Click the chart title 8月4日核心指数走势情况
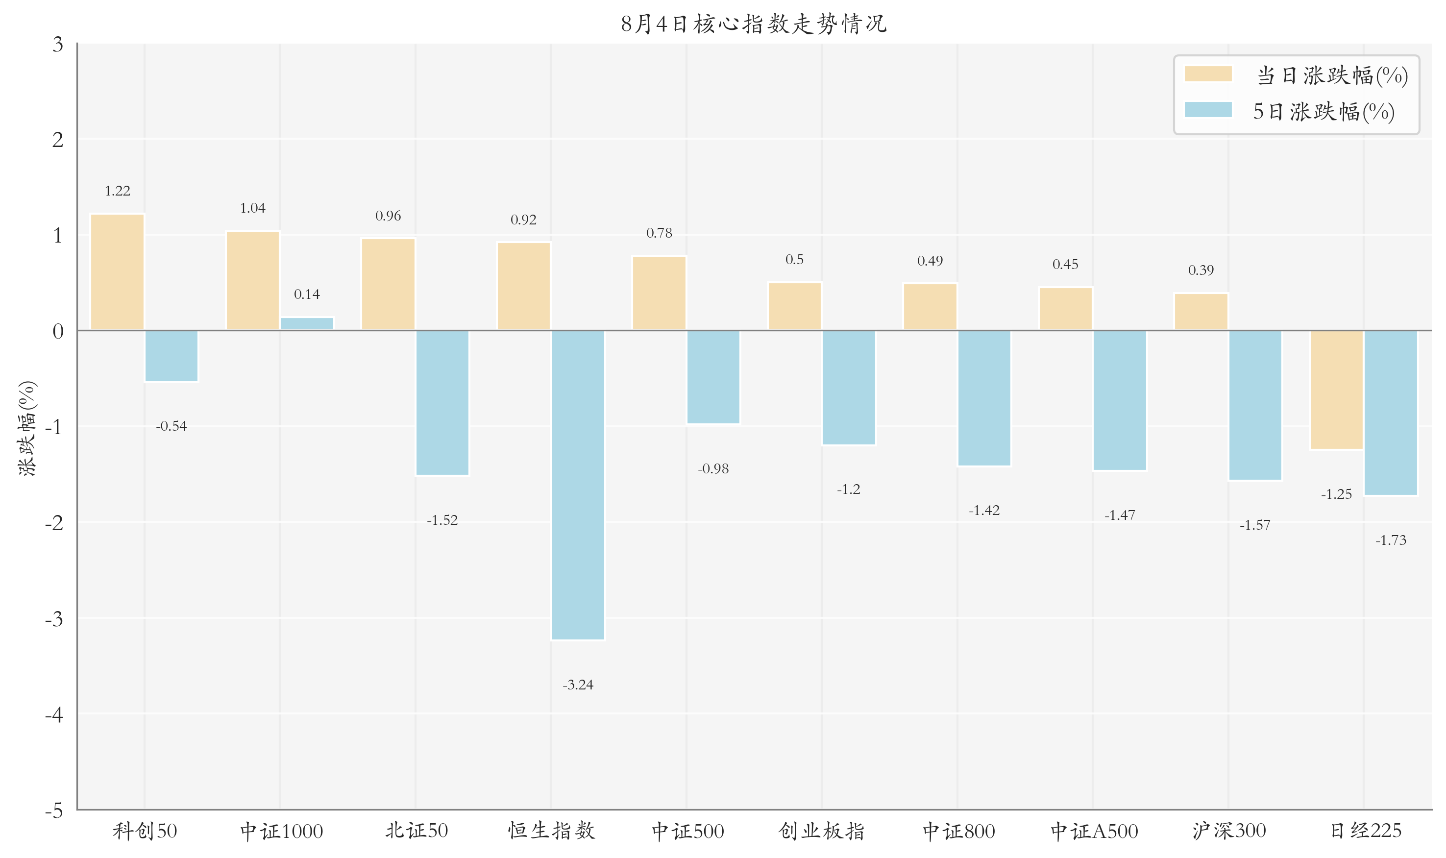[x=753, y=24]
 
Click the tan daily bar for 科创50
[x=118, y=272]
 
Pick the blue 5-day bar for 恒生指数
[x=578, y=485]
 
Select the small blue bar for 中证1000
[x=307, y=324]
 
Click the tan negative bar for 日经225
[x=1336, y=390]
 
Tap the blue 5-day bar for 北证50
[x=442, y=402]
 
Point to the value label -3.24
[x=578, y=685]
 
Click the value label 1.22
[x=118, y=191]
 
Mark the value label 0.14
[x=307, y=294]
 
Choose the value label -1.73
[x=1391, y=540]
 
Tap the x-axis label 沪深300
[x=1228, y=831]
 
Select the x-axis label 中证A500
[x=1094, y=831]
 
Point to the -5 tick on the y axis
[x=54, y=810]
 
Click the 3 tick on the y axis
[x=58, y=45]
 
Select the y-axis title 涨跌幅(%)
[x=27, y=428]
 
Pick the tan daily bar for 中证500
[x=659, y=293]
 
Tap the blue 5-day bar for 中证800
[x=984, y=398]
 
